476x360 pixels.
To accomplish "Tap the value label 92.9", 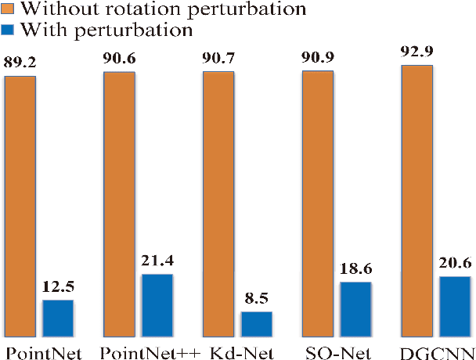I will [416, 54].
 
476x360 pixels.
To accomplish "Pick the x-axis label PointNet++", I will [152, 351].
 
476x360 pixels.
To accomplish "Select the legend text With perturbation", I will [106, 29].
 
